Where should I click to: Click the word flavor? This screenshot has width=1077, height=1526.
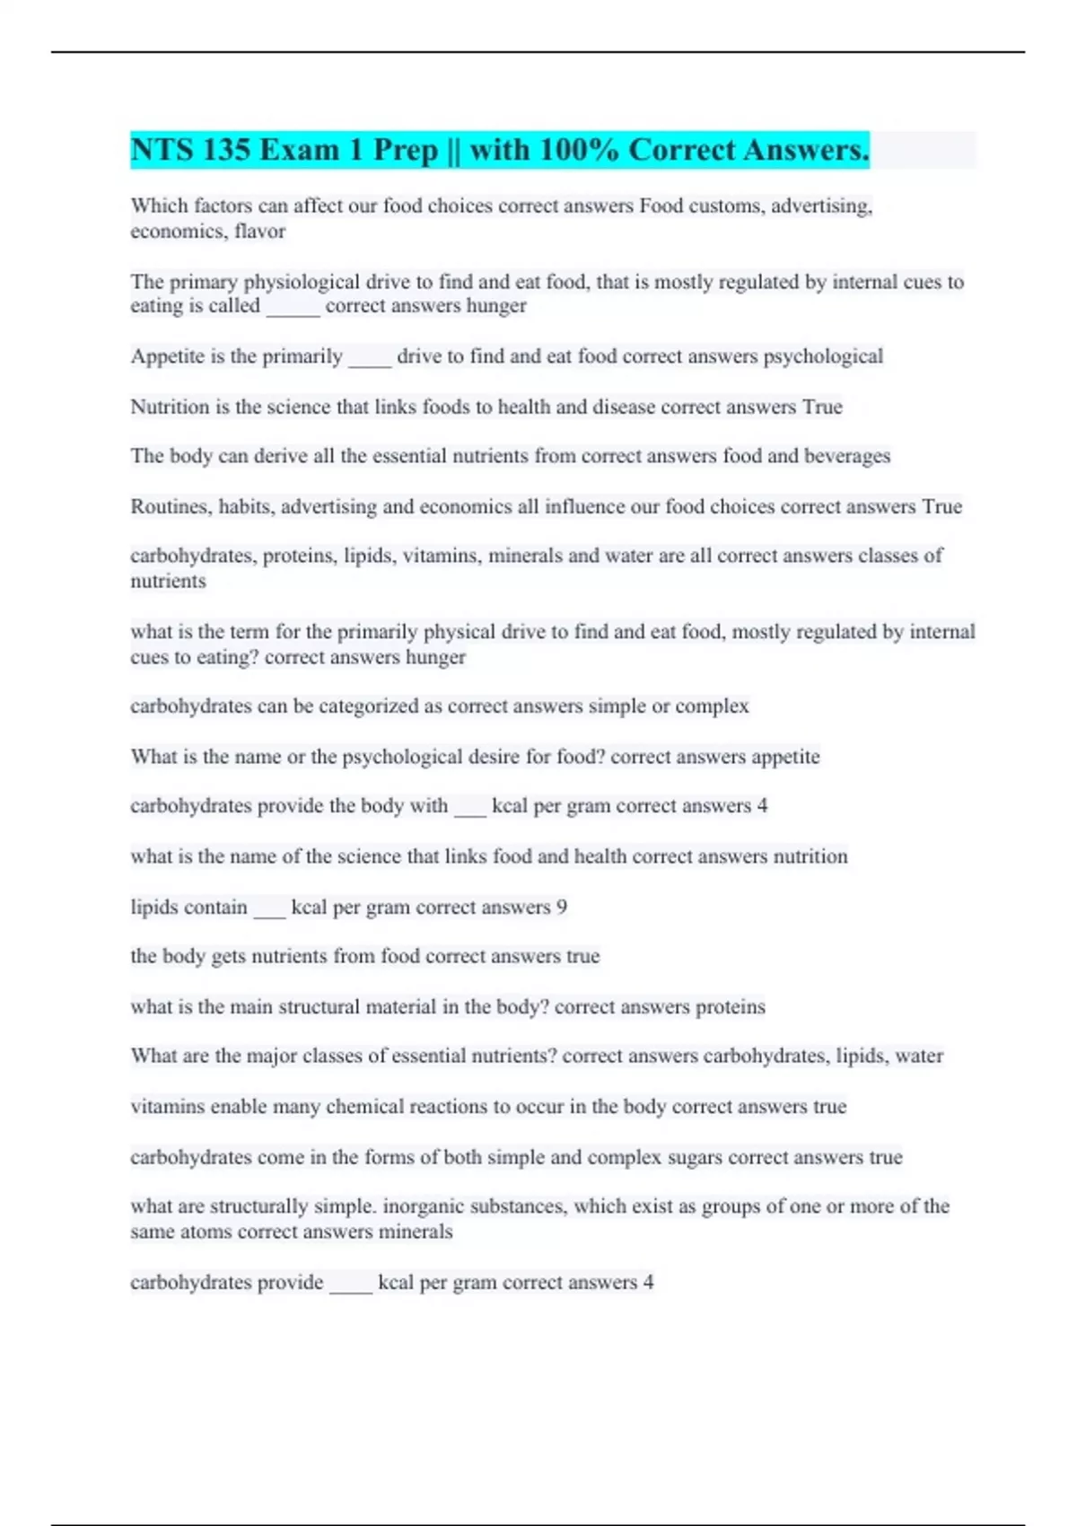point(259,232)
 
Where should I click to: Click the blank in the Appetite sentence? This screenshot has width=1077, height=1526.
point(369,357)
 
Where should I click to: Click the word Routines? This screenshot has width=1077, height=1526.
point(170,506)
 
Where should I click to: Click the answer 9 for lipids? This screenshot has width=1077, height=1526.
point(562,907)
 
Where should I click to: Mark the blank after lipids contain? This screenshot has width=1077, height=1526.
point(269,908)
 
